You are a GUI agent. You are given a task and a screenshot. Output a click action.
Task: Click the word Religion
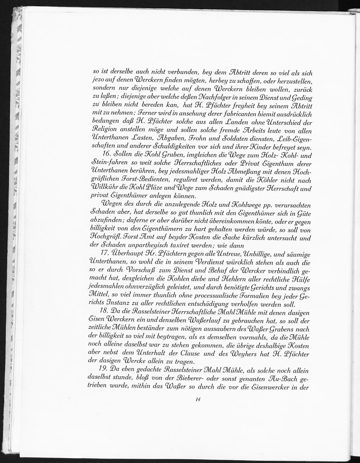click(104, 130)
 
